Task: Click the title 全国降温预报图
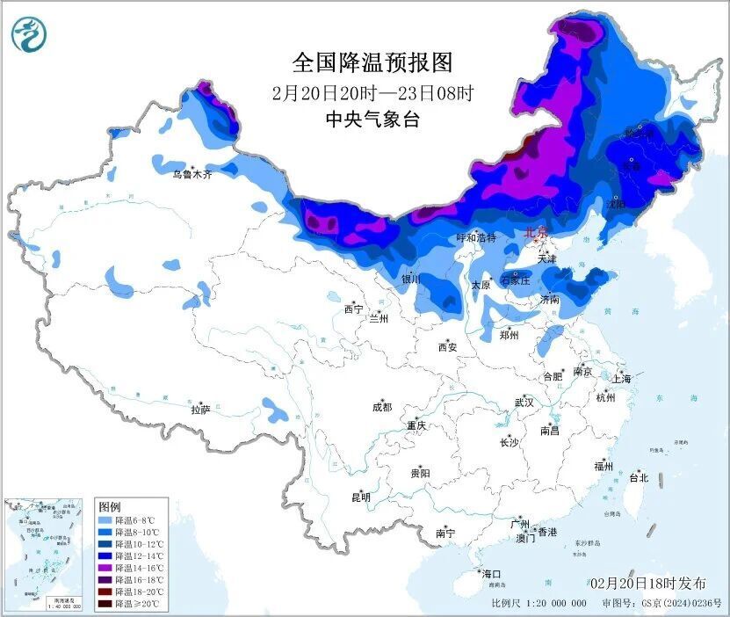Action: [372, 62]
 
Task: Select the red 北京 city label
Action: [535, 233]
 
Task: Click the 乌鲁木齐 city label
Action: [192, 175]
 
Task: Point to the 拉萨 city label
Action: [200, 410]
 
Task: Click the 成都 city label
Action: [382, 407]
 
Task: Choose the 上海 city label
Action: [622, 379]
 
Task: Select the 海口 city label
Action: [492, 573]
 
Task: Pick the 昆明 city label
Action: [361, 497]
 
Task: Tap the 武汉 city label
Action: [524, 403]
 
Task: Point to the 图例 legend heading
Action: [110, 507]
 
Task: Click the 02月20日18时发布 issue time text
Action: [648, 584]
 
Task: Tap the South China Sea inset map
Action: [44, 554]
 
